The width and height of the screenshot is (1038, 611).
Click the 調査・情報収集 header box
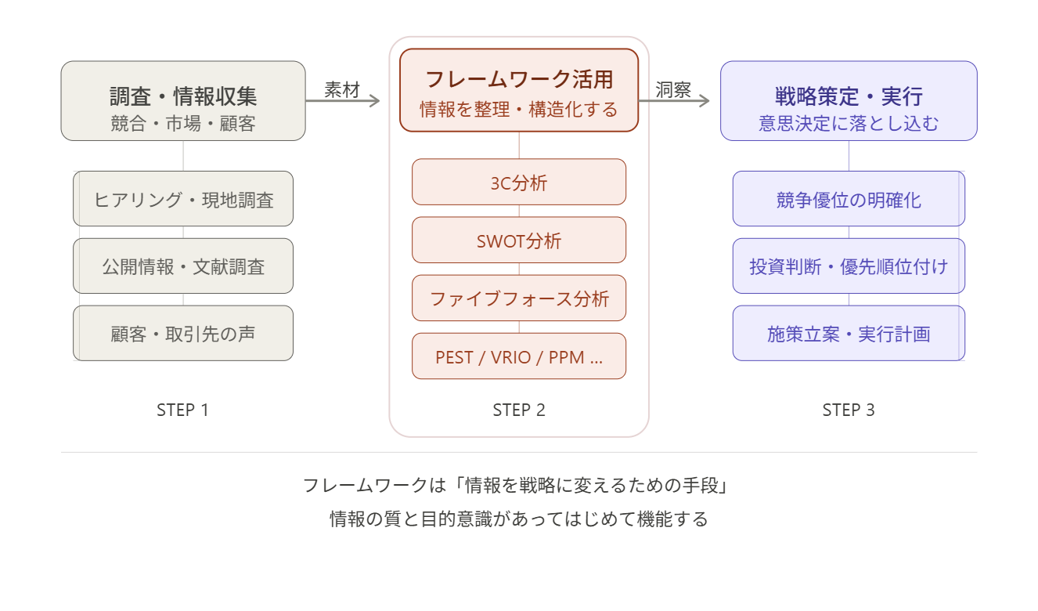[x=183, y=101]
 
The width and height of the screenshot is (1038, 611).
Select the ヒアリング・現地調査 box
[x=183, y=199]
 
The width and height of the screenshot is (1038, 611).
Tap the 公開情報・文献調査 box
[x=183, y=266]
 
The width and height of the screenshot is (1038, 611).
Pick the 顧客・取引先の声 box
[x=183, y=334]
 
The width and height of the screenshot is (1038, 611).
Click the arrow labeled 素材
[x=343, y=100]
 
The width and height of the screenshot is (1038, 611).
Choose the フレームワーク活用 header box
[x=519, y=90]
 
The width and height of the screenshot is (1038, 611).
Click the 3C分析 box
[x=519, y=183]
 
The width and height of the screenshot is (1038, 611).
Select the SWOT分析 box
[x=519, y=240]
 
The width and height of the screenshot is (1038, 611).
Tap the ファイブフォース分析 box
[x=519, y=298]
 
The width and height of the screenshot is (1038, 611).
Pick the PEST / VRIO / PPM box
[x=519, y=356]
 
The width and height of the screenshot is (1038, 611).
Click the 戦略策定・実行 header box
[x=849, y=101]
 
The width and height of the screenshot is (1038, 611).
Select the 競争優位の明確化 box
[x=849, y=199]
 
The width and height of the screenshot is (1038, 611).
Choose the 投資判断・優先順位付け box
[x=849, y=266]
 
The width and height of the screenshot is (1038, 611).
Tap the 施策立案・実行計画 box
[x=849, y=334]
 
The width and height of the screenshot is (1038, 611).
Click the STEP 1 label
[x=182, y=410]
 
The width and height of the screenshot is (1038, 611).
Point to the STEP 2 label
[x=519, y=410]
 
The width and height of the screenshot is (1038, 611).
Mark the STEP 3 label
[x=849, y=410]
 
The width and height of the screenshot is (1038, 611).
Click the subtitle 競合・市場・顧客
[x=183, y=123]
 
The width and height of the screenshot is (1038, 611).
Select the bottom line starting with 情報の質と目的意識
[x=518, y=519]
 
